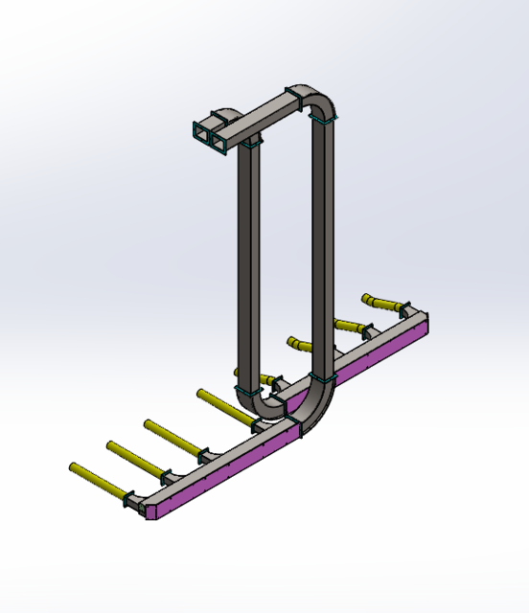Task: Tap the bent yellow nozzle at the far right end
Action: pyautogui.click(x=381, y=306)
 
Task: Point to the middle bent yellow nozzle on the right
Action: pyautogui.click(x=344, y=325)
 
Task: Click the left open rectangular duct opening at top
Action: pyautogui.click(x=201, y=134)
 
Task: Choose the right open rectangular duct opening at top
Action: pyautogui.click(x=220, y=140)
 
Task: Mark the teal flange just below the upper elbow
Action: pyautogui.click(x=323, y=120)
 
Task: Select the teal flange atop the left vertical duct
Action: pyautogui.click(x=251, y=142)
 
